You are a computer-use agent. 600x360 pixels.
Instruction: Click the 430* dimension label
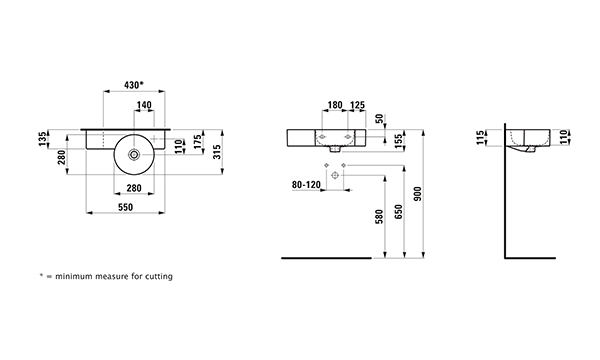click(x=134, y=85)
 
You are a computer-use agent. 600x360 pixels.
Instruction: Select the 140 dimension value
click(x=144, y=105)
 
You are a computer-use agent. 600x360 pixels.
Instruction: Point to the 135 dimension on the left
click(x=43, y=138)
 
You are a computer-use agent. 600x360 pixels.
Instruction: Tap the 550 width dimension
click(x=126, y=207)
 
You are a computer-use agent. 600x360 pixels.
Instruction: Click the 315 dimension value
click(x=217, y=152)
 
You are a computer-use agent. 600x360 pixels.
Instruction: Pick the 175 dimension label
click(x=197, y=142)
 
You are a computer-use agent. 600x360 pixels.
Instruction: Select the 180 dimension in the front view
click(x=335, y=105)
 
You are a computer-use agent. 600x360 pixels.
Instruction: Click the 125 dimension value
click(x=357, y=105)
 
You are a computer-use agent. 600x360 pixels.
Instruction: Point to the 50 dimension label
click(x=379, y=119)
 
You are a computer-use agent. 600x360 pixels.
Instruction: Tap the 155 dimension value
click(x=398, y=141)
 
